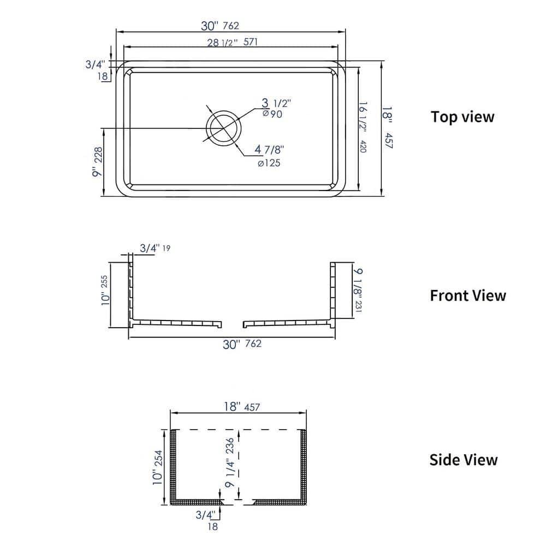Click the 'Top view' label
pyautogui.click(x=462, y=117)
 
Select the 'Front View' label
pyautogui.click(x=467, y=295)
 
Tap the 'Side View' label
pyautogui.click(x=463, y=460)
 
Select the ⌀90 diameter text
pyautogui.click(x=272, y=114)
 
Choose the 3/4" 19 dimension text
pyautogui.click(x=155, y=248)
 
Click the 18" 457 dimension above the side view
pyautogui.click(x=240, y=407)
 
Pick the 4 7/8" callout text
pyautogui.click(x=270, y=150)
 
